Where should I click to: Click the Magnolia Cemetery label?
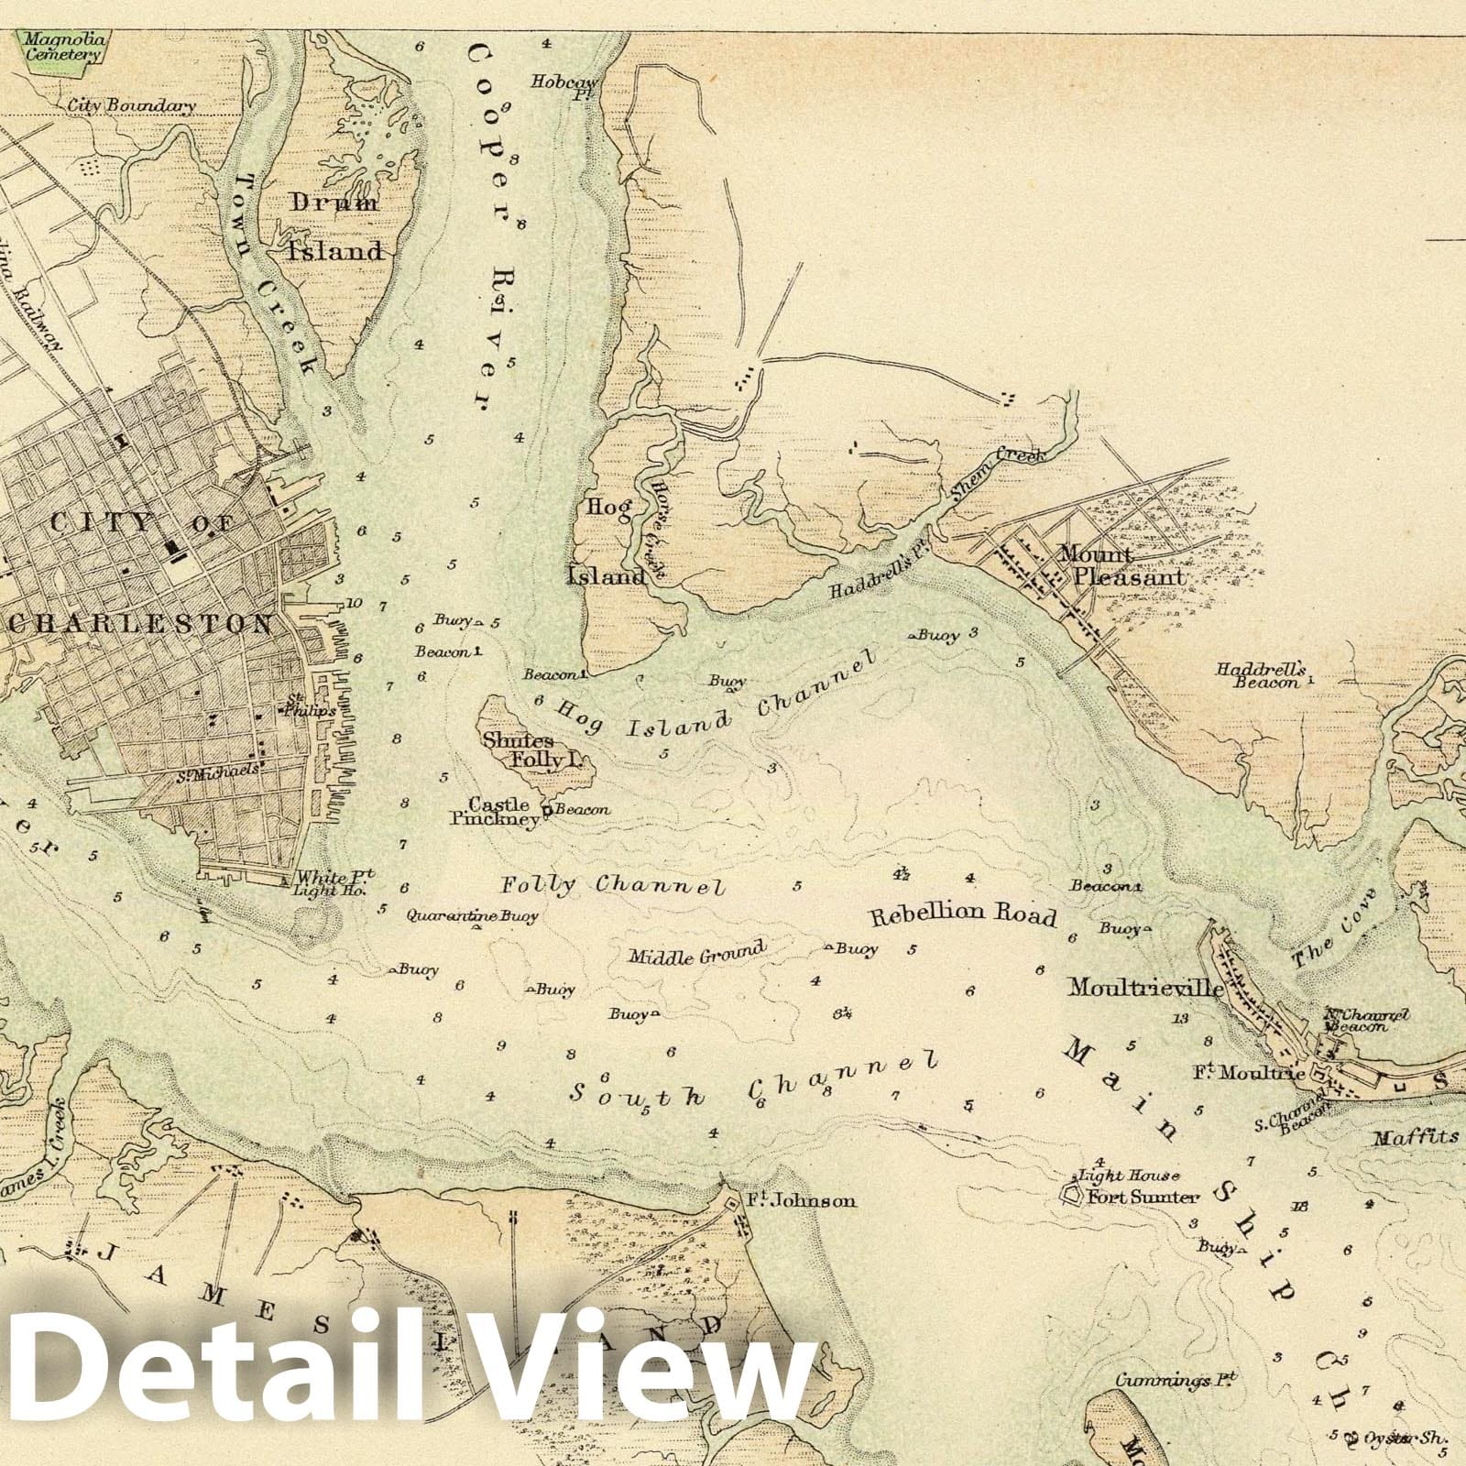click(55, 47)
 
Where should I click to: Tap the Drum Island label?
click(335, 226)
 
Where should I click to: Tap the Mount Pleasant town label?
click(1121, 566)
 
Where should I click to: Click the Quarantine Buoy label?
click(472, 914)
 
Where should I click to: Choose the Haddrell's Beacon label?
click(1260, 675)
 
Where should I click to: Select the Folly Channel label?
click(613, 885)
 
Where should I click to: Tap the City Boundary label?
click(132, 105)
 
